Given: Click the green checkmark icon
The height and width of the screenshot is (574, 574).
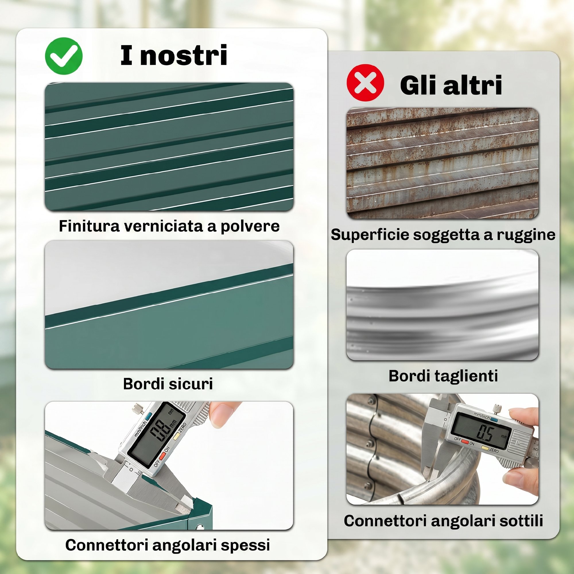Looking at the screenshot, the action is [x=64, y=56].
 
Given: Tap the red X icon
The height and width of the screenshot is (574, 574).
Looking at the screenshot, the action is [x=365, y=83].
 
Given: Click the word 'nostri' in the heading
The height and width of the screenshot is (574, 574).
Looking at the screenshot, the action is [x=184, y=55].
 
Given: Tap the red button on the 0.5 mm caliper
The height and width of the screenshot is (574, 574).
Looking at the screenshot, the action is [x=465, y=442].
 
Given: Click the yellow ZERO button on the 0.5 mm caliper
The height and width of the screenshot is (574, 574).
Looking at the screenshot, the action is [x=485, y=448].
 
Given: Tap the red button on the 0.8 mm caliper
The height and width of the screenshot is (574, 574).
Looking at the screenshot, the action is [x=162, y=456].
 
